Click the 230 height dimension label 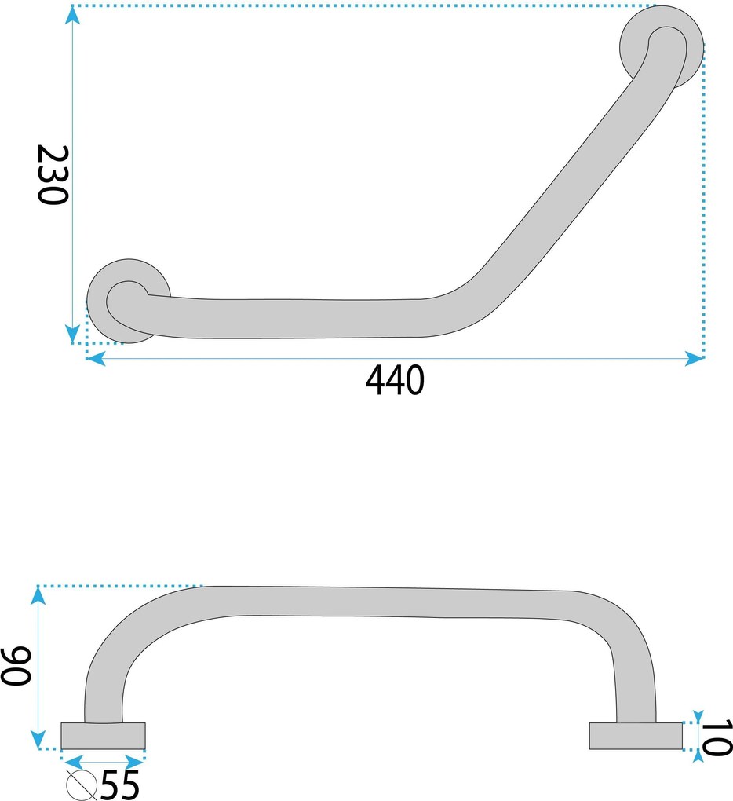[53, 174]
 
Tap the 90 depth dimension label [16, 665]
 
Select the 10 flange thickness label [717, 737]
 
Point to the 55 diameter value [120, 785]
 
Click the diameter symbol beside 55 [82, 785]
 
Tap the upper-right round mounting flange [662, 46]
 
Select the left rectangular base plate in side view [103, 736]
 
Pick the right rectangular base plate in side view [636, 736]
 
